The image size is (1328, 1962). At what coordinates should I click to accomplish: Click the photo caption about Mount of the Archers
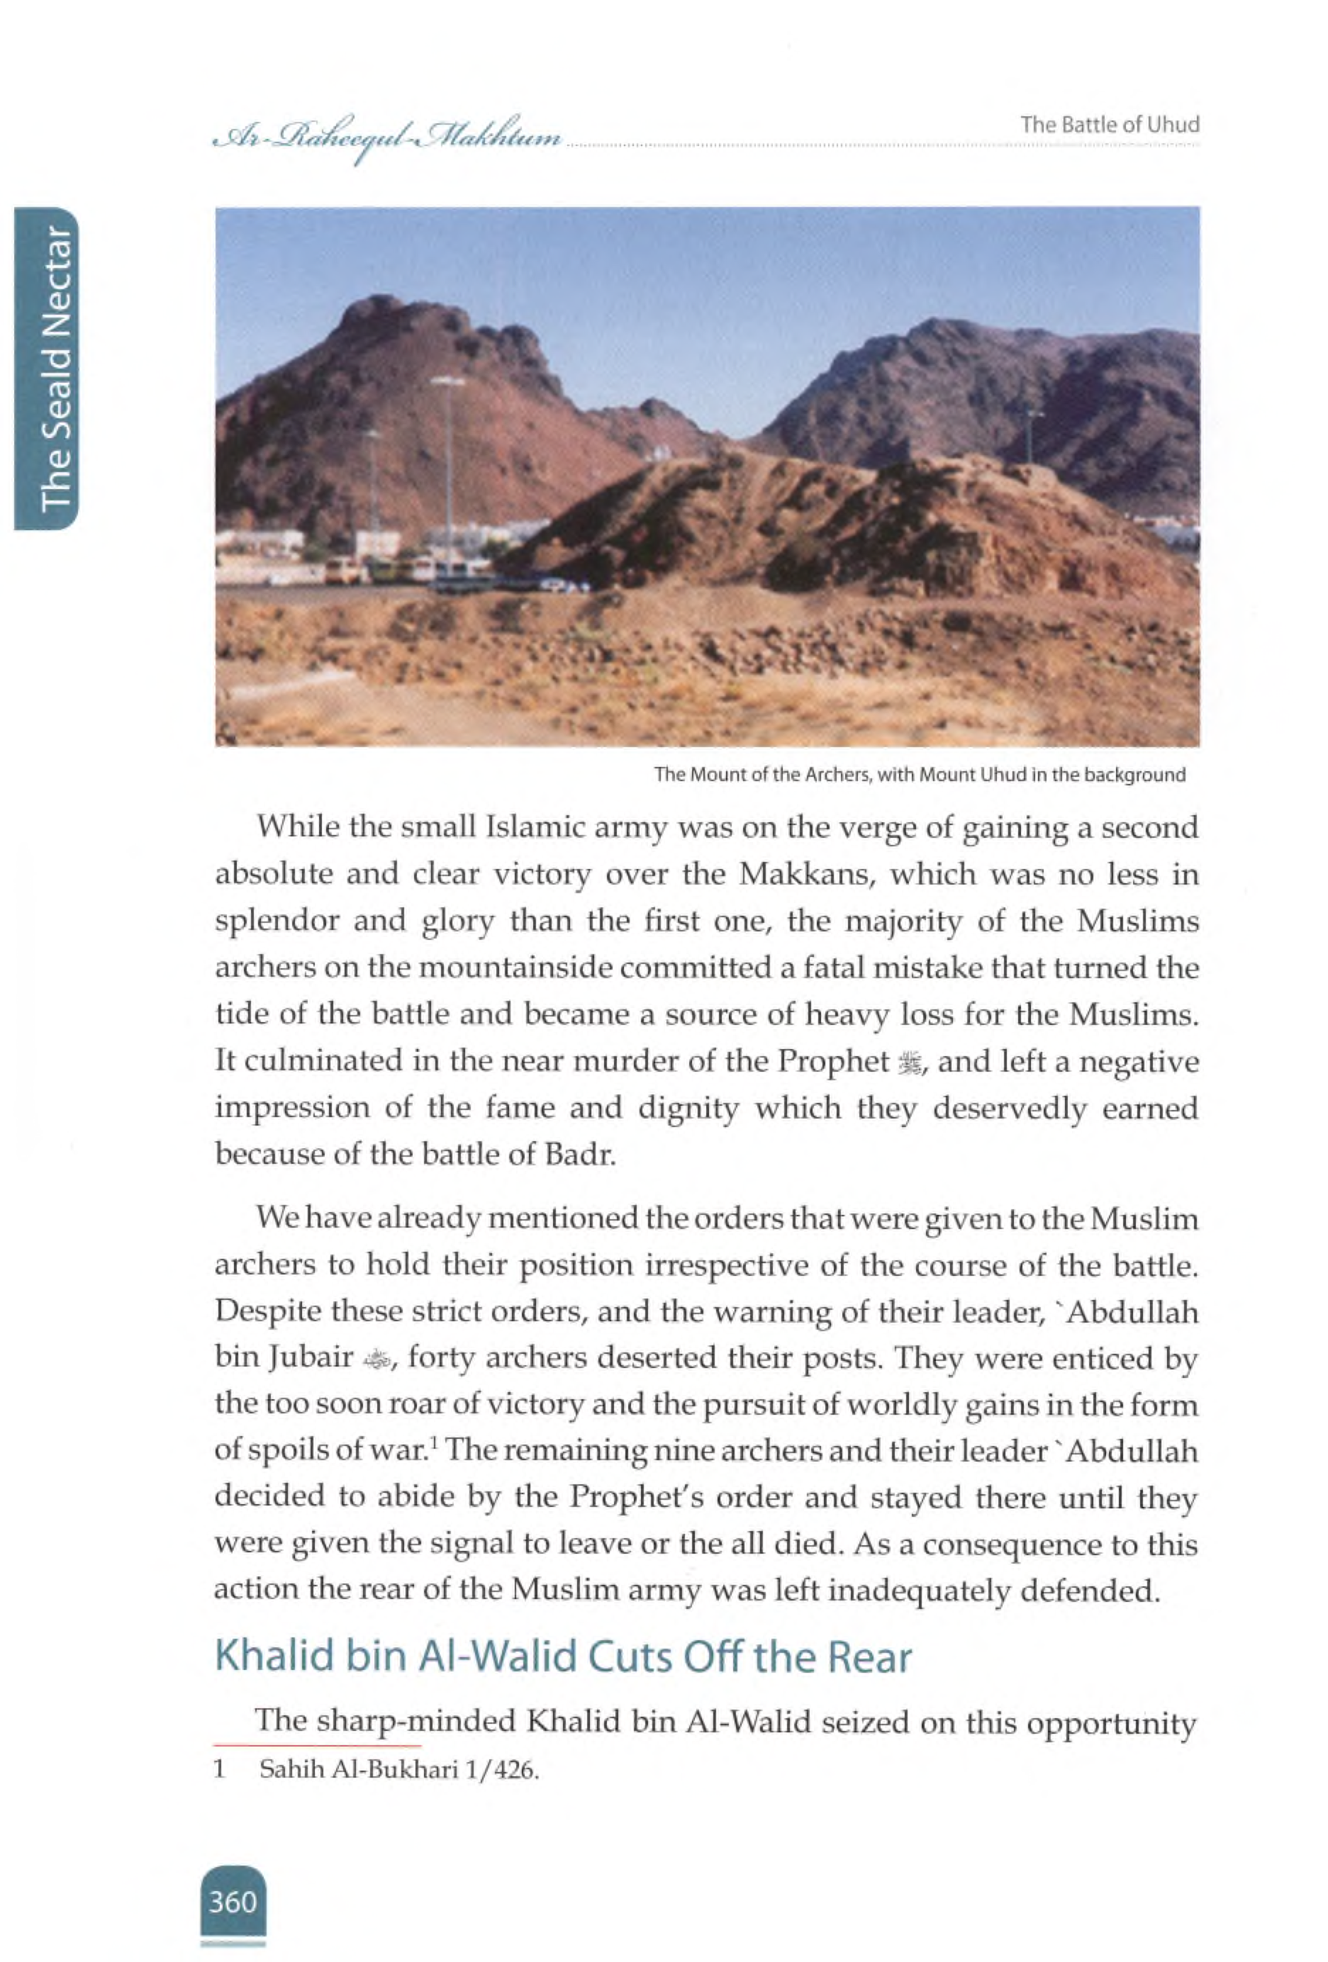pyautogui.click(x=919, y=774)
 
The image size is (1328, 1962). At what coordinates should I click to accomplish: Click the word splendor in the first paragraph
pyautogui.click(x=276, y=921)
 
